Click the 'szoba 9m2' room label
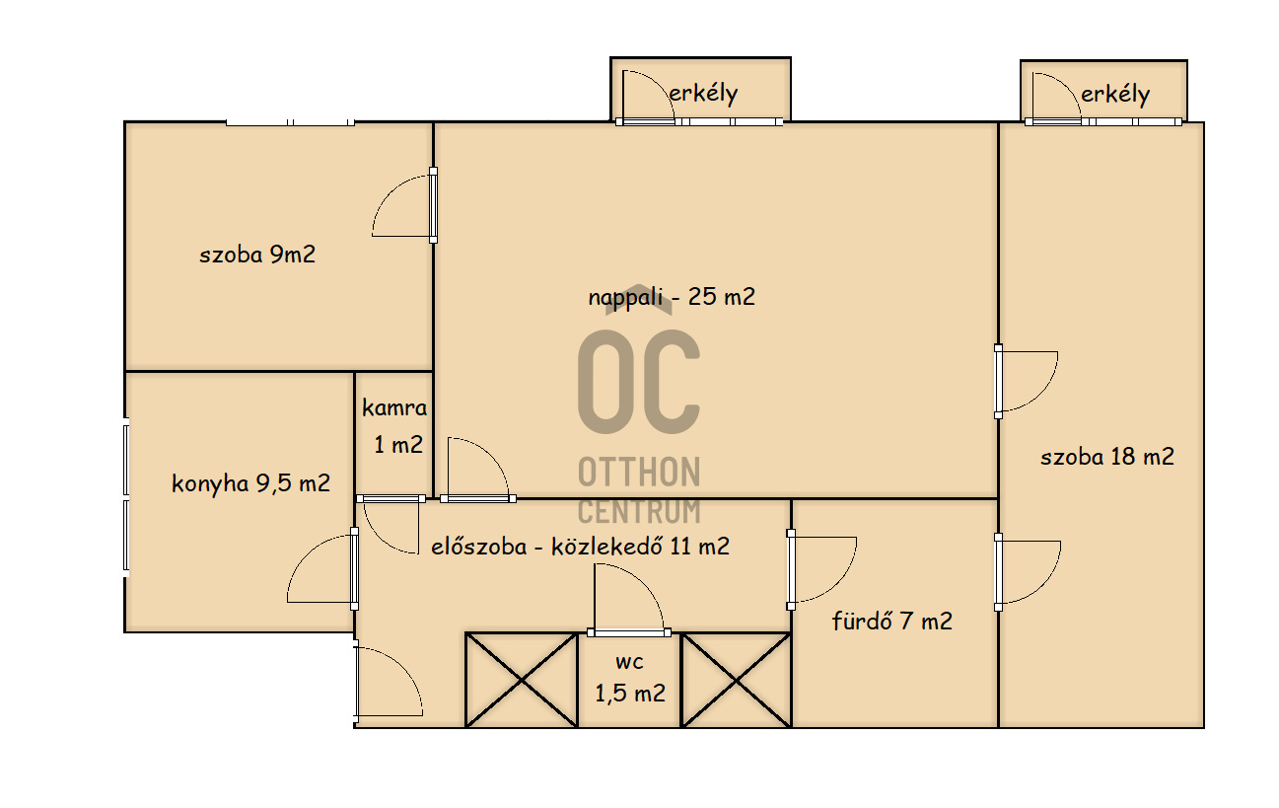tap(257, 255)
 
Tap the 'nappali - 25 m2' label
tap(672, 297)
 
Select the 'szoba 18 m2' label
tap(1107, 457)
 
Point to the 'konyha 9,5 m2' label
tap(250, 484)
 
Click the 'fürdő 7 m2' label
tap(891, 621)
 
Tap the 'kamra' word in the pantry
tap(394, 408)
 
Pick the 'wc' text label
tap(629, 662)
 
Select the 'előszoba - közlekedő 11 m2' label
tap(580, 547)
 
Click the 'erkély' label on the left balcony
tap(703, 94)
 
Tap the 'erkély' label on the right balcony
tap(1115, 95)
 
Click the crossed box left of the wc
tap(522, 680)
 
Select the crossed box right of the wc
tap(736, 680)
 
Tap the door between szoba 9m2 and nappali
tap(433, 205)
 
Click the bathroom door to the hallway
tap(792, 569)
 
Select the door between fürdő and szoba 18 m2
tap(998, 572)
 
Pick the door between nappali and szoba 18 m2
tap(998, 381)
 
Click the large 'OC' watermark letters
tap(638, 382)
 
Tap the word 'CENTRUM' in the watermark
tap(639, 511)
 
